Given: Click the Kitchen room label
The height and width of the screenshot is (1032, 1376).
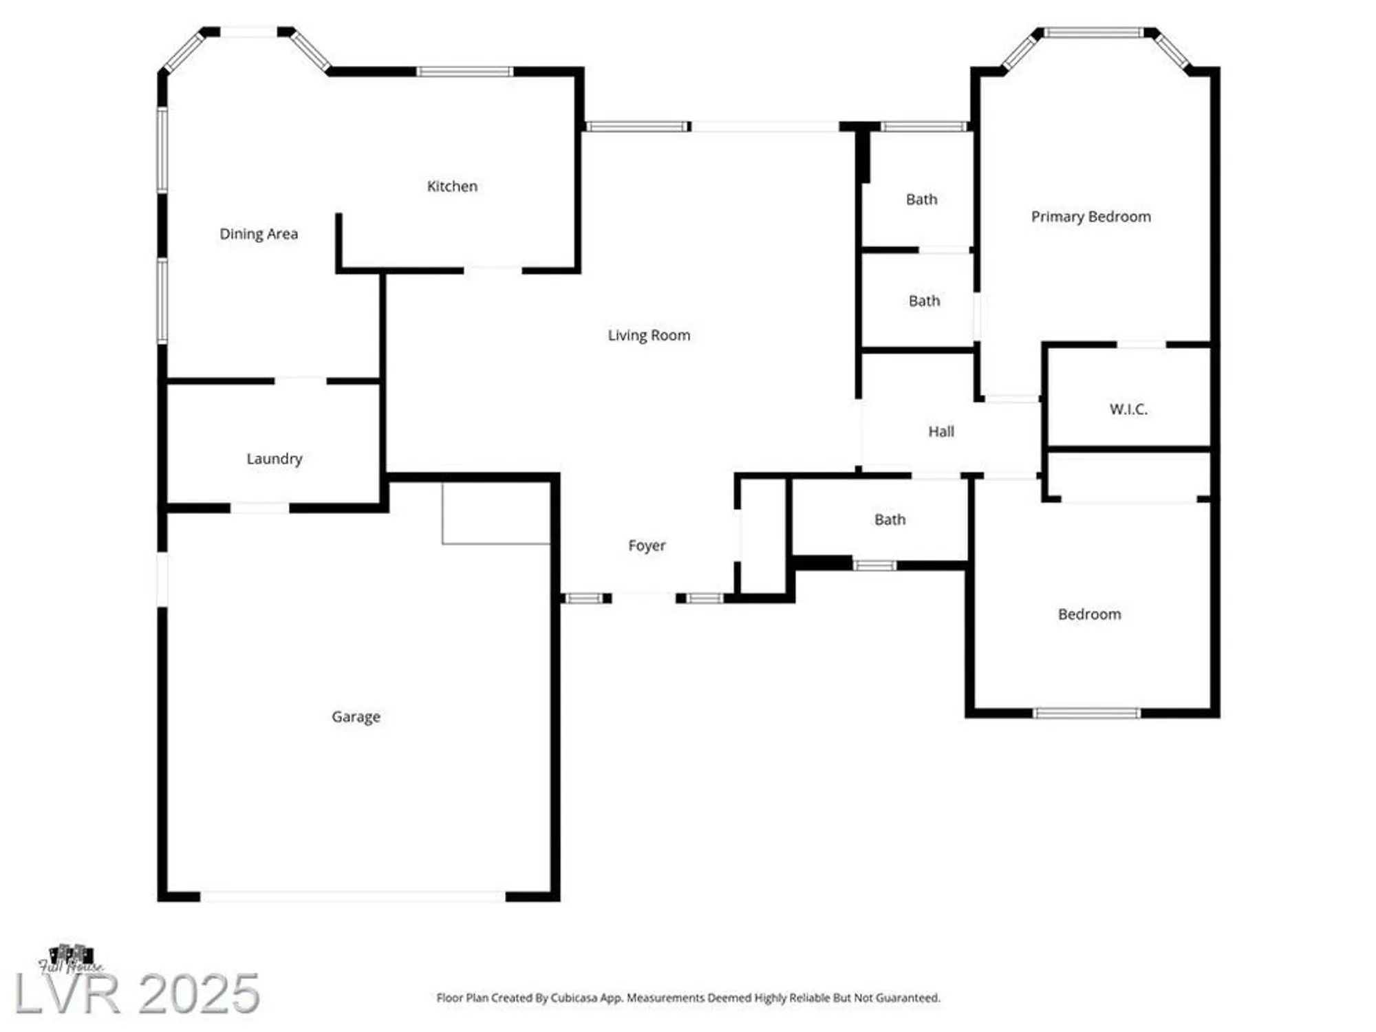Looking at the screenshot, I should [x=452, y=186].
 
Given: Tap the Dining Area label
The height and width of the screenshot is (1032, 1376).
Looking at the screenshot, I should [x=259, y=234].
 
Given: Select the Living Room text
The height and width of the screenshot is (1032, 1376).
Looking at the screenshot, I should [x=649, y=335].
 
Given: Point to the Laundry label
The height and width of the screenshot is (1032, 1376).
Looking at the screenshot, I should [x=275, y=459].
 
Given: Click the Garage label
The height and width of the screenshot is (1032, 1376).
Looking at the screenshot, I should [x=356, y=717].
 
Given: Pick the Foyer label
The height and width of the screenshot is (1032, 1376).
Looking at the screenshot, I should [x=647, y=546].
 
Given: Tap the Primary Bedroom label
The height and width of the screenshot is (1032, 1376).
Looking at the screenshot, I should [x=1090, y=217].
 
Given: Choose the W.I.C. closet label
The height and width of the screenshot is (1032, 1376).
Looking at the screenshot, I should [x=1128, y=409].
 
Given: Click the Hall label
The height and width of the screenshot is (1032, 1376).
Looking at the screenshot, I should [x=941, y=431].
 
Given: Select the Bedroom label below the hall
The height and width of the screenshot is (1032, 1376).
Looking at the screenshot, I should [x=1089, y=614].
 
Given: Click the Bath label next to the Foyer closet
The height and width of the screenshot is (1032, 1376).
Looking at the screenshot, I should [x=890, y=519].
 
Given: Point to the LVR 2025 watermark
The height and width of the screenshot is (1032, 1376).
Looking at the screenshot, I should [x=138, y=993].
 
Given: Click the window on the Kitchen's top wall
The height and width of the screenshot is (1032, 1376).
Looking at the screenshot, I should [x=464, y=72].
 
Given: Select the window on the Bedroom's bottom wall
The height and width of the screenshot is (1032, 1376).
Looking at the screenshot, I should [x=1086, y=713].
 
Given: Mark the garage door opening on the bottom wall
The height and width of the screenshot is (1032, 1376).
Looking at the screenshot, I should [x=352, y=896].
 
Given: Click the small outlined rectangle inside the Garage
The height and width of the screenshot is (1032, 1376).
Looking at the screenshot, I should [x=496, y=513].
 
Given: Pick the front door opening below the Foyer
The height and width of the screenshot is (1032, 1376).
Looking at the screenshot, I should [x=644, y=598].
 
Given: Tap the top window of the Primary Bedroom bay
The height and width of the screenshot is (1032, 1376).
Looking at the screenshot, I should [x=1094, y=32].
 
